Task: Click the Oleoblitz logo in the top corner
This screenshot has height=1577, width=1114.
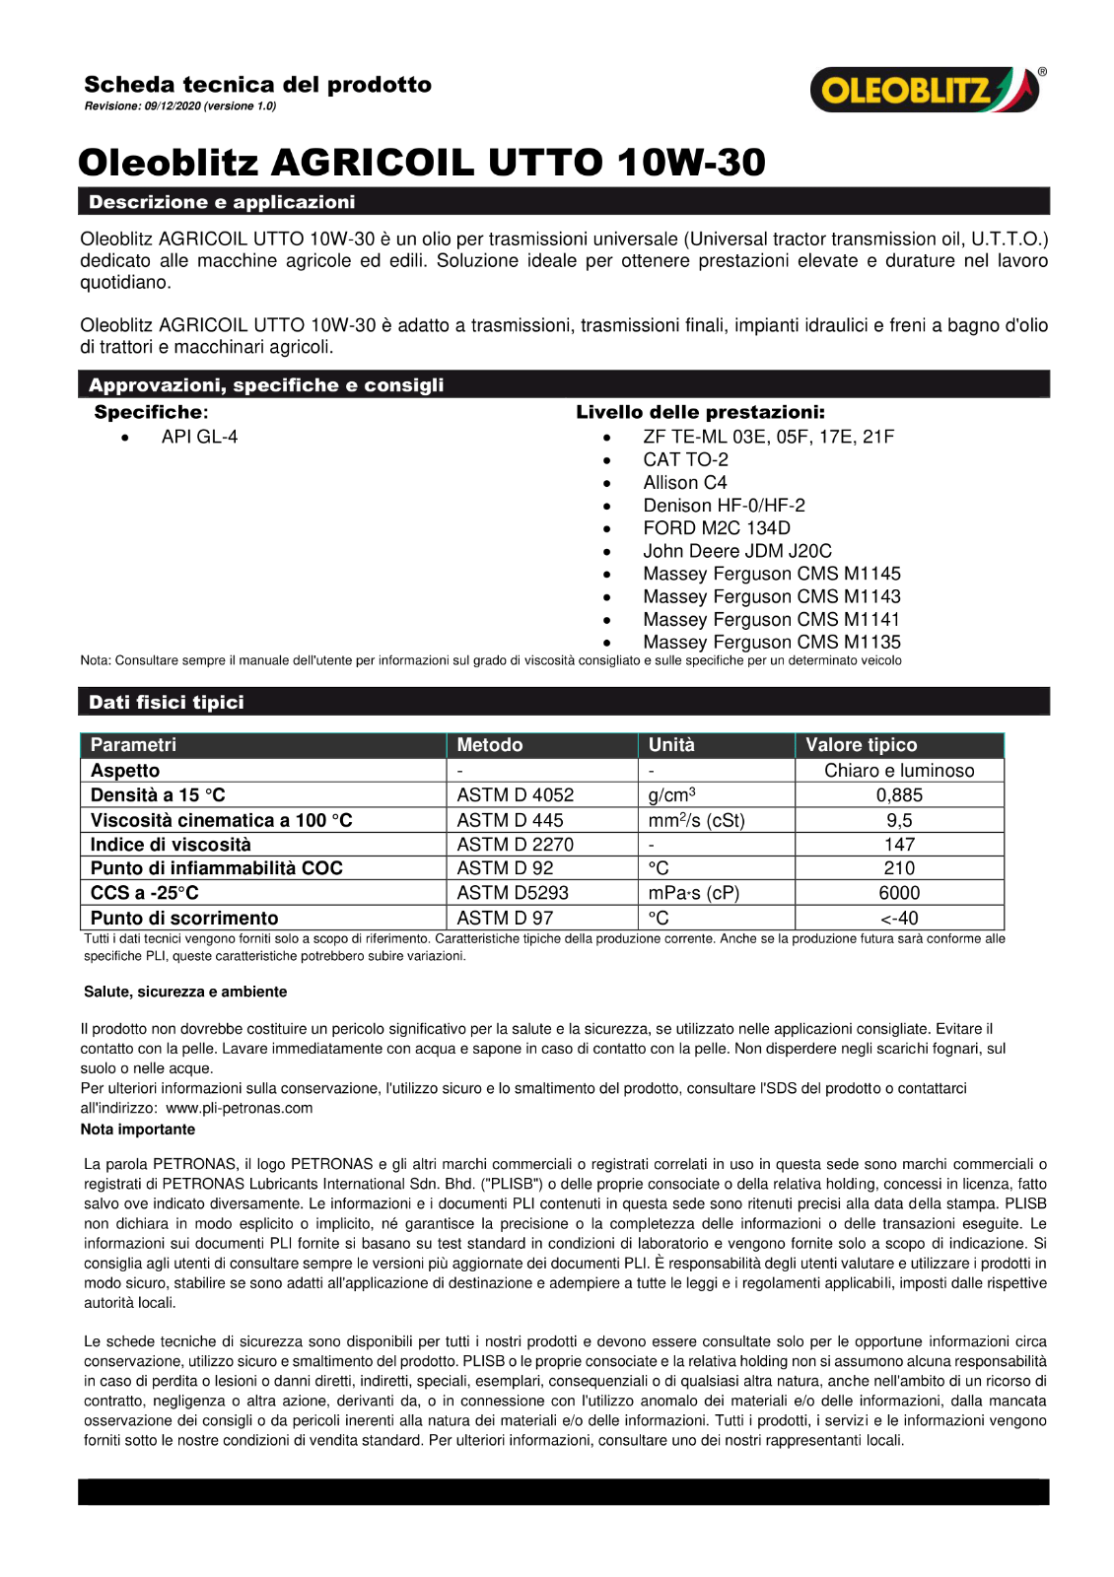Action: [925, 90]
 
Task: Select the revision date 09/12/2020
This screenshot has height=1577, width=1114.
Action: [172, 106]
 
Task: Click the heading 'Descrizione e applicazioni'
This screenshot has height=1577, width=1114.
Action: [222, 202]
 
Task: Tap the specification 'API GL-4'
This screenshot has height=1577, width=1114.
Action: [199, 437]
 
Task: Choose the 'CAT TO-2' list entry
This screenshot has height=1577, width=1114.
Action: [685, 459]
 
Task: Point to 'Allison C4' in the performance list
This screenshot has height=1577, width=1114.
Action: [684, 483]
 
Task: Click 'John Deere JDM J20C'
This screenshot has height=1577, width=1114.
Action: [736, 551]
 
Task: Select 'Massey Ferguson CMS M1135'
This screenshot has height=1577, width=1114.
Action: [771, 642]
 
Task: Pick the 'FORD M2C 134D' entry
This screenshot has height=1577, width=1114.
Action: [716, 528]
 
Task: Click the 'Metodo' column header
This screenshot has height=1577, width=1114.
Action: [490, 745]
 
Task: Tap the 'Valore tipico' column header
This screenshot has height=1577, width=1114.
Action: [861, 745]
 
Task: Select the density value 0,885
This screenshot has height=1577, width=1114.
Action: [899, 795]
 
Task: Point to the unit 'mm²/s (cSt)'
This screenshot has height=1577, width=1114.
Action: [696, 820]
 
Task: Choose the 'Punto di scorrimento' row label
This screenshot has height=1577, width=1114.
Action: [184, 918]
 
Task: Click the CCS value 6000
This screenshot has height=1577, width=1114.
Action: [899, 893]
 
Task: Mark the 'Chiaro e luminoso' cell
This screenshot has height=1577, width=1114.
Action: [899, 771]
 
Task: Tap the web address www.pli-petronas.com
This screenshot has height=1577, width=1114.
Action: [239, 1108]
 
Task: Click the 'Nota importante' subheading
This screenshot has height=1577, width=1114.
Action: [138, 1130]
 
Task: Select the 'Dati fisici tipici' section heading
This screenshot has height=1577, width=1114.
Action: [167, 703]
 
